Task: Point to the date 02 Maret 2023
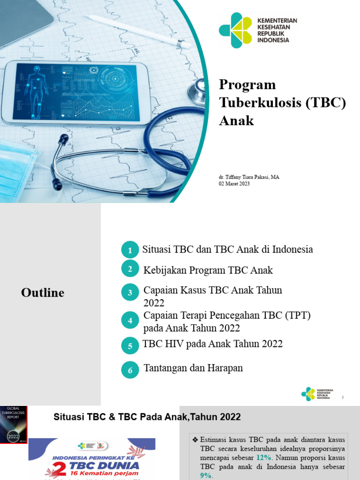(234, 184)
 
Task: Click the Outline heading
(43, 293)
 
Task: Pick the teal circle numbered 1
(130, 250)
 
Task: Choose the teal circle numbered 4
(130, 321)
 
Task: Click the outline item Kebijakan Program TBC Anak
(208, 270)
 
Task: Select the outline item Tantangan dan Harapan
(193, 368)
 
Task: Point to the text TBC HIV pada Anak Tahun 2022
(212, 344)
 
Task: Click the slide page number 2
(343, 397)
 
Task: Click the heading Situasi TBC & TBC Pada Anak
(147, 417)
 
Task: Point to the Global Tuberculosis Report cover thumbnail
(14, 425)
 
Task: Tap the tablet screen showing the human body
(76, 92)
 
